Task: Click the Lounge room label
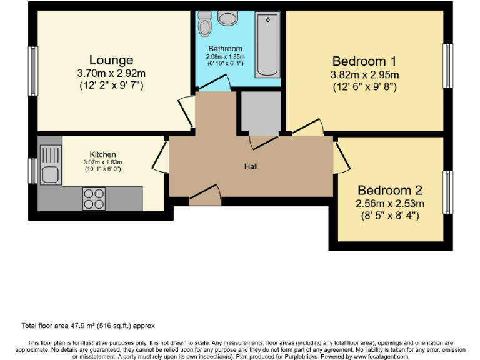[111, 60]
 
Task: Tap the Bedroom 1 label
[364, 61]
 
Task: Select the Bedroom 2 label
[390, 190]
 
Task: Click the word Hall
[251, 166]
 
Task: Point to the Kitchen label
[102, 154]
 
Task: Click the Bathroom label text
[225, 49]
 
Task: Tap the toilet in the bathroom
[204, 25]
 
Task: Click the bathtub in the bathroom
[267, 45]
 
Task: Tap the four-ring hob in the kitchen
[94, 198]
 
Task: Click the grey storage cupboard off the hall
[259, 112]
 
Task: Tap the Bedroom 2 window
[447, 192]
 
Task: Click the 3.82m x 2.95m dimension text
[364, 75]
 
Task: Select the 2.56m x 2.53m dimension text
[390, 204]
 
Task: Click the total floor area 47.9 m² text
[88, 326]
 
